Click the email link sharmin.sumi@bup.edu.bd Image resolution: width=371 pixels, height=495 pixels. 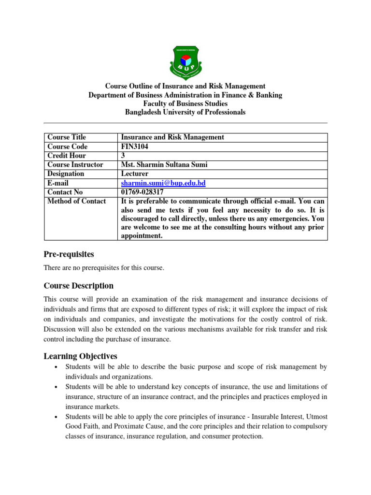point(159,183)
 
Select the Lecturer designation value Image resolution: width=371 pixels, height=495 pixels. point(135,174)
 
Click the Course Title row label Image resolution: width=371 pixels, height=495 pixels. point(67,137)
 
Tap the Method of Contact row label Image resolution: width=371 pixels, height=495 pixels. point(76,202)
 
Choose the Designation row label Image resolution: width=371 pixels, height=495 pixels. point(66,174)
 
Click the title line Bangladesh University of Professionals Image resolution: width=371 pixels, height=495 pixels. point(185,112)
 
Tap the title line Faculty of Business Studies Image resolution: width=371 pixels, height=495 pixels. point(185,103)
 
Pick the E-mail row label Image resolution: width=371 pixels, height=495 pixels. point(58,183)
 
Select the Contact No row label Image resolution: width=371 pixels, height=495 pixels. point(65,192)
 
